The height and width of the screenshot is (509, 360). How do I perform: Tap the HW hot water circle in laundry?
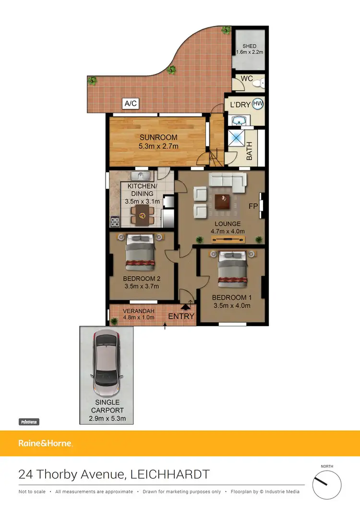pyautogui.click(x=257, y=103)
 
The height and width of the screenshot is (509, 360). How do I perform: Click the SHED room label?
pyautogui.click(x=250, y=47)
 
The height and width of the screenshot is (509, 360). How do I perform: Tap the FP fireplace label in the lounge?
pyautogui.click(x=253, y=206)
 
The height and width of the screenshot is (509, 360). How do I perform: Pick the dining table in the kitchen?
pyautogui.click(x=142, y=216)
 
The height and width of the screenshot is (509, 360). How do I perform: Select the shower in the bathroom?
pyautogui.click(x=237, y=138)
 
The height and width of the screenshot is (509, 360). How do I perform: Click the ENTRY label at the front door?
pyautogui.click(x=181, y=316)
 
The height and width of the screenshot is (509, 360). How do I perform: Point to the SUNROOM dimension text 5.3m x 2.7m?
pyautogui.click(x=159, y=146)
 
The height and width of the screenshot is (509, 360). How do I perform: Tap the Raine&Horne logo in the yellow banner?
pyautogui.click(x=46, y=443)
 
